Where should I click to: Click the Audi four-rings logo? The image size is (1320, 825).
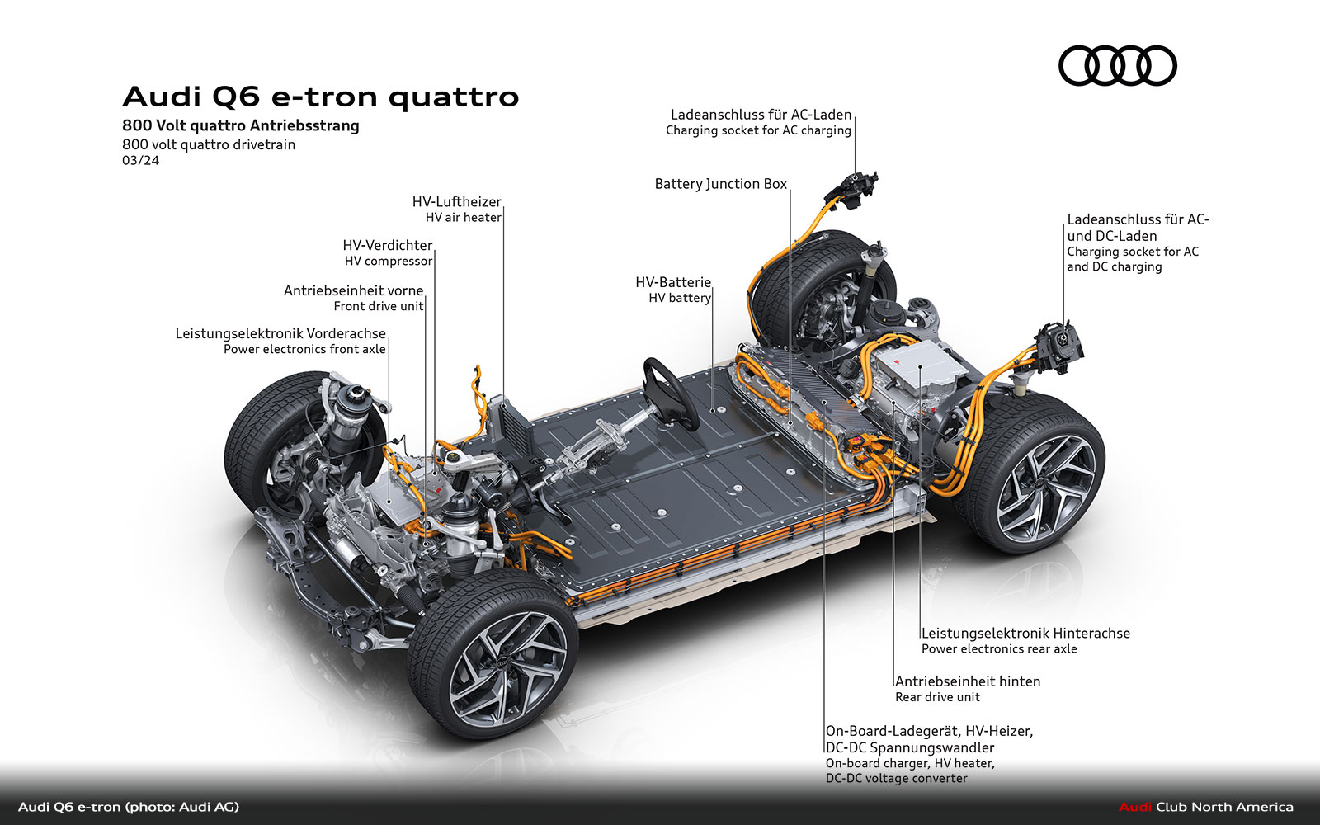(x=1117, y=65)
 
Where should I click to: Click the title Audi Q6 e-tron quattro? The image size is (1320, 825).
(x=320, y=97)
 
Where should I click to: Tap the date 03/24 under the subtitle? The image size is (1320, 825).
(x=140, y=160)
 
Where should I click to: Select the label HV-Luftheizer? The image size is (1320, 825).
(x=456, y=202)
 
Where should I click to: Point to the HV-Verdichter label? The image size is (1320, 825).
(x=387, y=246)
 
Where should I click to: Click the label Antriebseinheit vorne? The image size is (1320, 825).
(x=353, y=291)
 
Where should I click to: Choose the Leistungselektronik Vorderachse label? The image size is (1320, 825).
(x=280, y=334)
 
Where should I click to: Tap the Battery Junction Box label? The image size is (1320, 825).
(x=720, y=184)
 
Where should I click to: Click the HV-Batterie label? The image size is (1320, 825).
(x=672, y=283)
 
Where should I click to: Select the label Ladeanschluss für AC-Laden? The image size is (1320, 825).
(x=760, y=115)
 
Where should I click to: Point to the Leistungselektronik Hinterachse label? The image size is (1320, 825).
(x=1025, y=634)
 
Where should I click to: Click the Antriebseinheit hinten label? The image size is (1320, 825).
(x=967, y=681)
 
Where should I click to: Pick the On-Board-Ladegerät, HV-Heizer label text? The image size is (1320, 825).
(x=929, y=731)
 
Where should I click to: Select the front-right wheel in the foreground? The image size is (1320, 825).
(x=493, y=656)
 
